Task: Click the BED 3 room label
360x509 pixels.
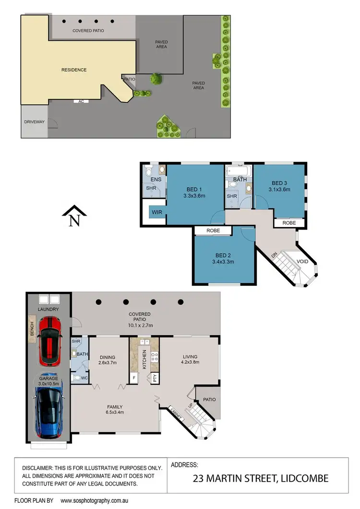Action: click(278, 183)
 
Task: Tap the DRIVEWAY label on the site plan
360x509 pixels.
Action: click(34, 122)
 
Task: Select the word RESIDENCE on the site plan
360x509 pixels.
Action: click(74, 70)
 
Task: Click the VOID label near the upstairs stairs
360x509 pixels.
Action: click(302, 262)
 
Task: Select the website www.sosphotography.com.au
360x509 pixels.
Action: click(90, 500)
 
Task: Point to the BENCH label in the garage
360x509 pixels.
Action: click(32, 329)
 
